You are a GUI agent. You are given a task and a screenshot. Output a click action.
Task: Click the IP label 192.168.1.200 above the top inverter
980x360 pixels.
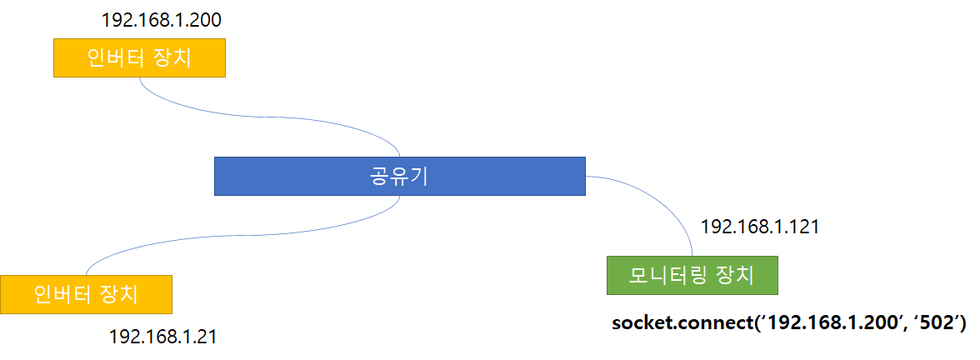161,20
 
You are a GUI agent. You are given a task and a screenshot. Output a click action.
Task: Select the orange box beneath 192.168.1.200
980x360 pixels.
139,57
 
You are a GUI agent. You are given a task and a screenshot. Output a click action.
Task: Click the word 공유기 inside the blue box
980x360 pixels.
399,176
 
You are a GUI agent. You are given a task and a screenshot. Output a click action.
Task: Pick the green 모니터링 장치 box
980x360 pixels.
692,275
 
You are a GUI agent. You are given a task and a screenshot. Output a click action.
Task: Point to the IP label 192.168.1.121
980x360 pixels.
760,227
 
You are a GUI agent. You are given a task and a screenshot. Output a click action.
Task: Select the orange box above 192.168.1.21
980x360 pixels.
86,294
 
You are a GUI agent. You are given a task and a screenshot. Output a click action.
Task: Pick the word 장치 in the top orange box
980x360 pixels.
174,57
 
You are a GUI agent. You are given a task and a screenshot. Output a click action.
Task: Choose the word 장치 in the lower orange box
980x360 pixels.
120,294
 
